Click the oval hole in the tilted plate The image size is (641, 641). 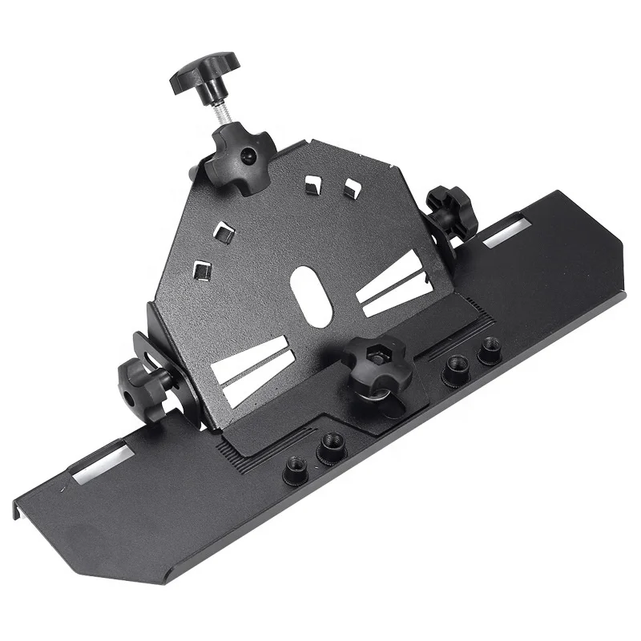coord(312,296)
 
